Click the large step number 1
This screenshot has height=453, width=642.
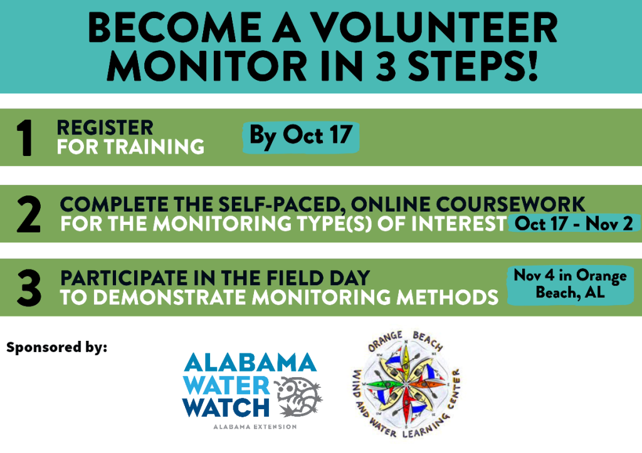(25, 138)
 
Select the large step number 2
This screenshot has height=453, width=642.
(29, 214)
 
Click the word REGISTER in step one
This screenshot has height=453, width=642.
(105, 128)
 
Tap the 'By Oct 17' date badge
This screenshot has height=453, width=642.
(301, 137)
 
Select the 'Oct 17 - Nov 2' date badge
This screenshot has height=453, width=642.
(574, 224)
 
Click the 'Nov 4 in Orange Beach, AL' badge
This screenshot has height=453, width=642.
(570, 285)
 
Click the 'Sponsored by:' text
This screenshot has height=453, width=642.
(56, 347)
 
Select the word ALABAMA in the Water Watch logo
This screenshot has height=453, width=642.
(250, 363)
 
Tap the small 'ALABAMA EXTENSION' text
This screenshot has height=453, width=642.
(255, 427)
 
